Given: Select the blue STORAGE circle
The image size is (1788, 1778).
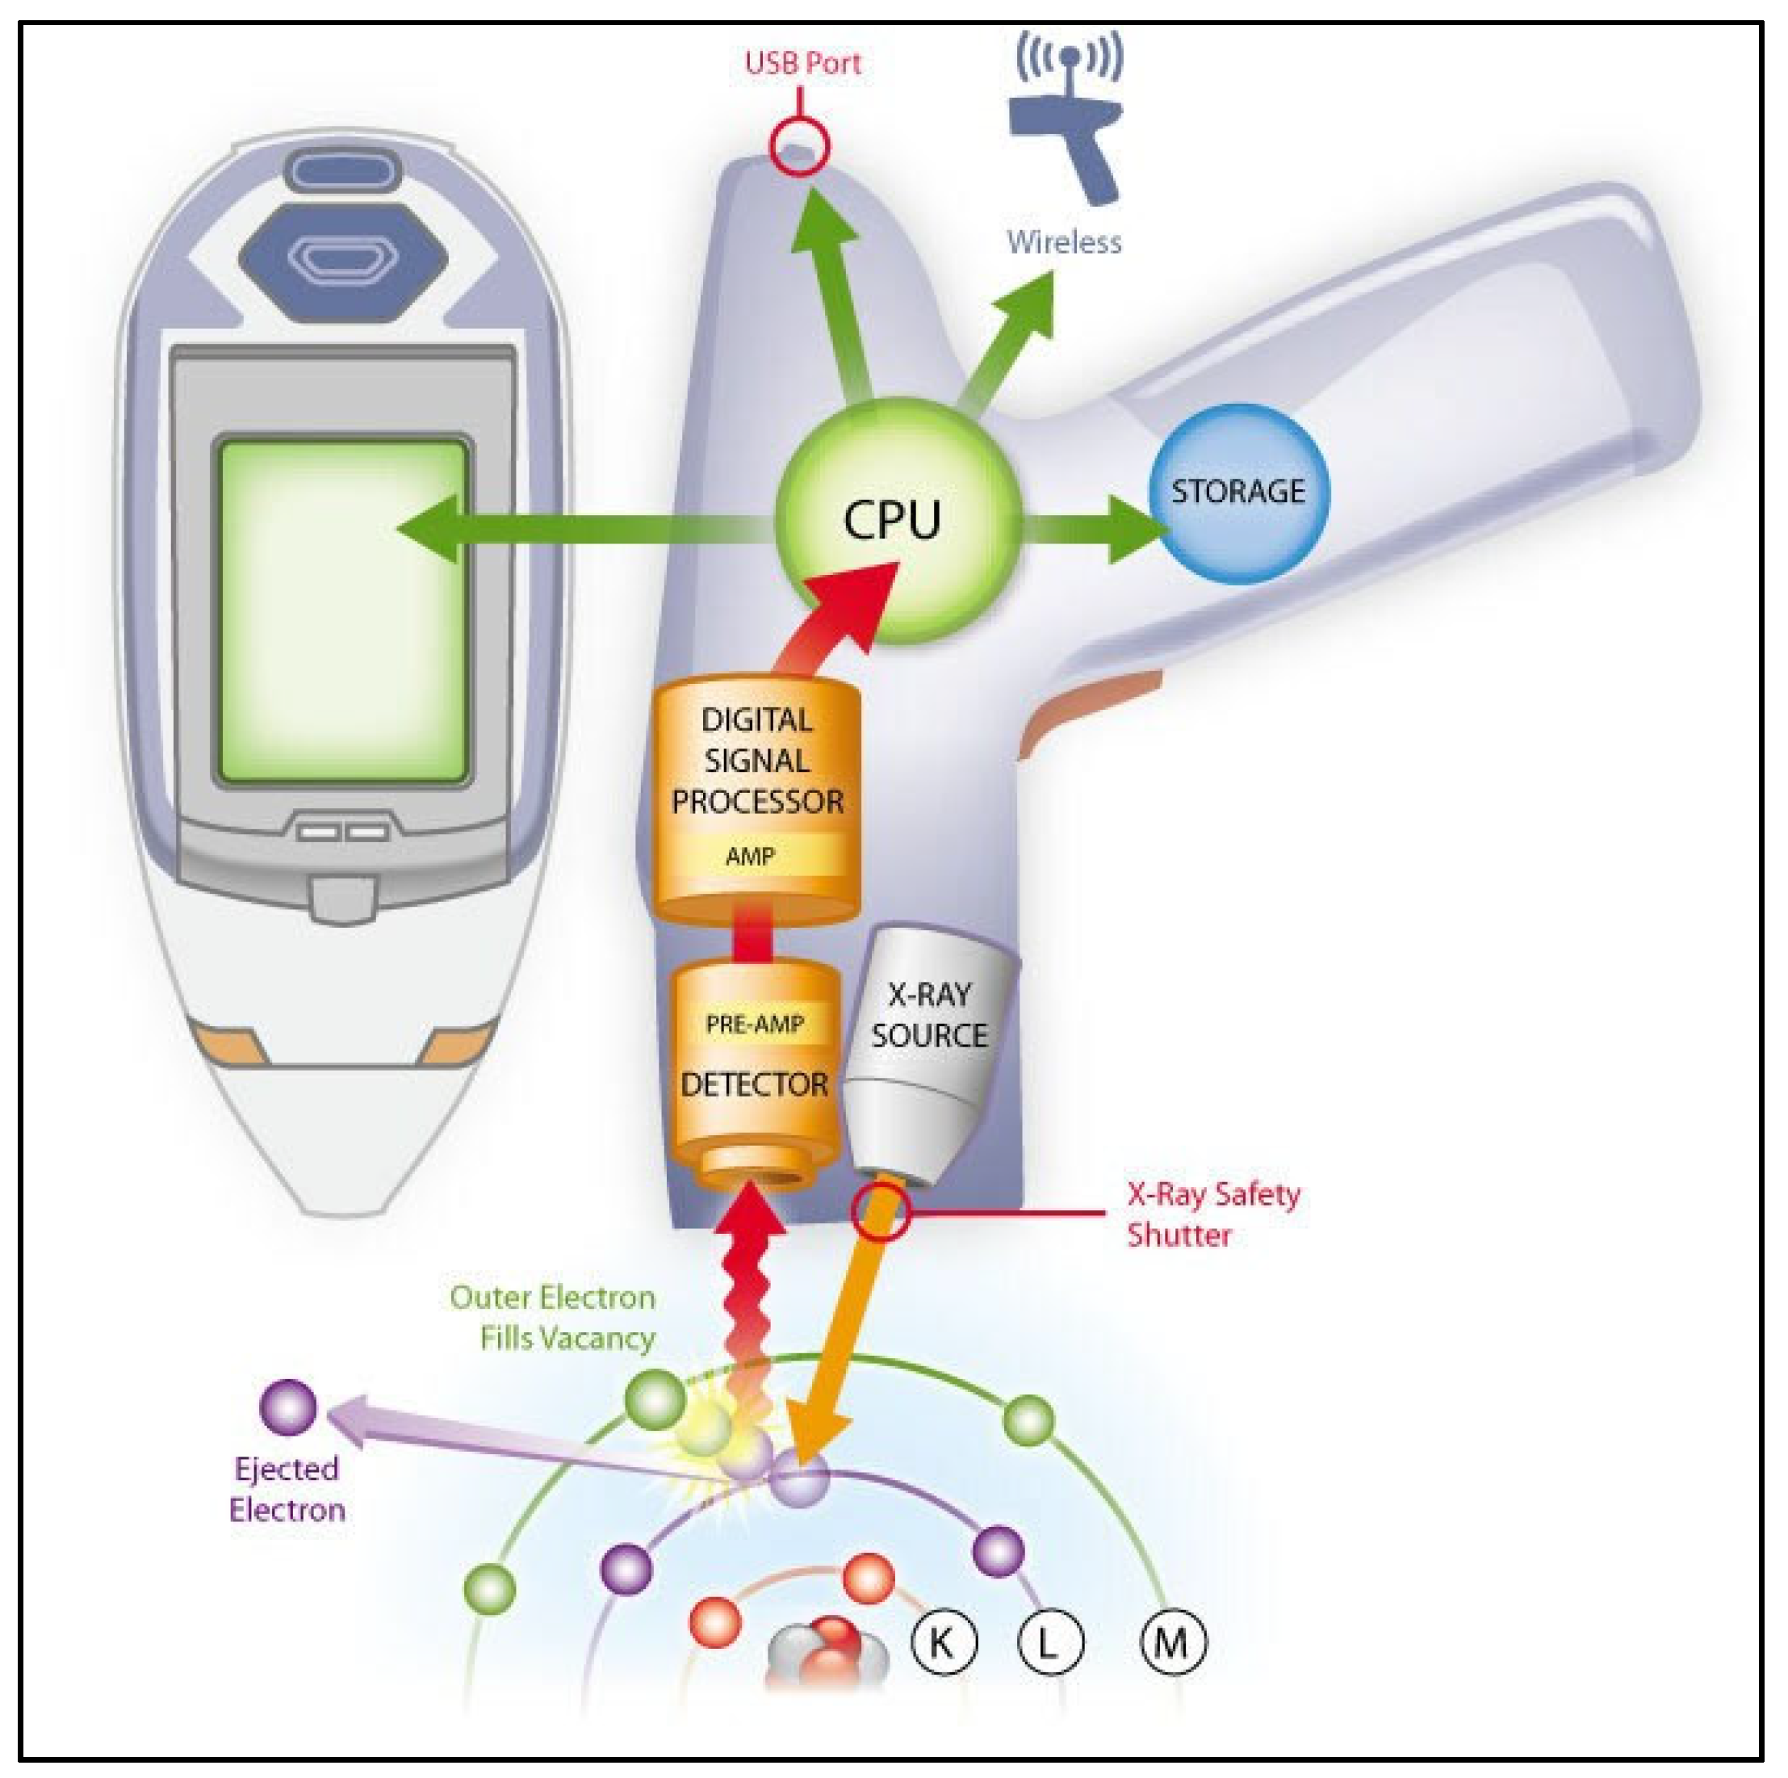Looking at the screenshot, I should [x=1238, y=493].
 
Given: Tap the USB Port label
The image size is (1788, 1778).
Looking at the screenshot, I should [x=802, y=63].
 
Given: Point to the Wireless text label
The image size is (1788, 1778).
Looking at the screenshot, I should [x=1064, y=242].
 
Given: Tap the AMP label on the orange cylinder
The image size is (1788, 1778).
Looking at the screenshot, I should [x=750, y=856].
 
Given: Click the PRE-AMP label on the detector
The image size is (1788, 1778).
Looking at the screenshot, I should [x=754, y=1024].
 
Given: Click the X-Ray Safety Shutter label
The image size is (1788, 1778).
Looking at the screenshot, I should [x=1212, y=1214].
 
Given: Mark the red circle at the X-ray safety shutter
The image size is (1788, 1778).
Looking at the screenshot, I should [x=880, y=1213].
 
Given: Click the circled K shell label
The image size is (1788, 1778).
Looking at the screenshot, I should [x=942, y=1643].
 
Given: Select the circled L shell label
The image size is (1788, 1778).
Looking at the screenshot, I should [x=1049, y=1643].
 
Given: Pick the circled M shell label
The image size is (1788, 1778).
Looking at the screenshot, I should [x=1171, y=1643].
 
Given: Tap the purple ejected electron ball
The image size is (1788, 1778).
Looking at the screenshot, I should [x=288, y=1407].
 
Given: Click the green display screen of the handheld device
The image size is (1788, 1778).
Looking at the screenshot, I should [x=342, y=611].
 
